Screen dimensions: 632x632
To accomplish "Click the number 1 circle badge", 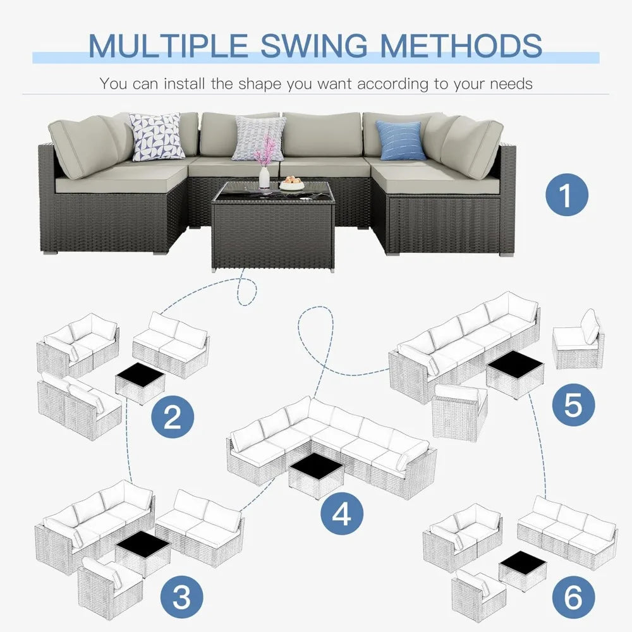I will click(566, 195).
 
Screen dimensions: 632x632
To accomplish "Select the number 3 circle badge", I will click(182, 595).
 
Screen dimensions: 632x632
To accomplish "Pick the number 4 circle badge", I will click(341, 515).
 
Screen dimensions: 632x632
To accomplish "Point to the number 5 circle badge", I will click(572, 404).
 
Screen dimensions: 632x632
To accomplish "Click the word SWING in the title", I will click(314, 46).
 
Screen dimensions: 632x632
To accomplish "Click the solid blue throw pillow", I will click(400, 140).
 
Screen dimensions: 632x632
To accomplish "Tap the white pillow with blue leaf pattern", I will click(156, 137).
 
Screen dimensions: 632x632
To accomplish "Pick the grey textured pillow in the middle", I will click(258, 138).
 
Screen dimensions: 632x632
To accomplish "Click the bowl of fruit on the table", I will click(291, 184).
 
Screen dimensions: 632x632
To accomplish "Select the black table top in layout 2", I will click(140, 377).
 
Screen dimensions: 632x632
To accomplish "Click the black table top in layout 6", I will click(522, 561).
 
